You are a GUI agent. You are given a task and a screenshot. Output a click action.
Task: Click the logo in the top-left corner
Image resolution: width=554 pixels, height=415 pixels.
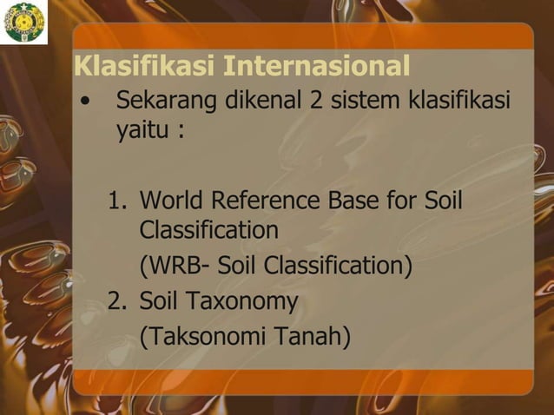point(25,23)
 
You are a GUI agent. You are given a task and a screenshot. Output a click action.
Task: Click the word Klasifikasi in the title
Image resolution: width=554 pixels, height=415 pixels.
point(143,66)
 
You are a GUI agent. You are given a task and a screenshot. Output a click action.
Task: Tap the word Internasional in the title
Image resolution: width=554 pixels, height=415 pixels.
point(317,66)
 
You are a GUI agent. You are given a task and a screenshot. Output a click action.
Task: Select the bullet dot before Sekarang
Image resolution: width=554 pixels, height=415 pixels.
point(84,101)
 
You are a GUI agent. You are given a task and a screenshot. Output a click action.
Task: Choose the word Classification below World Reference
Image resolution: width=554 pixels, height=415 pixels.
point(208,231)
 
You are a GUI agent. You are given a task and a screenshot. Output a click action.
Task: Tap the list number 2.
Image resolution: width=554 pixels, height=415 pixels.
point(117,301)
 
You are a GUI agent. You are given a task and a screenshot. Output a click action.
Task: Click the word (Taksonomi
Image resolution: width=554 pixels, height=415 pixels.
point(204,335)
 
